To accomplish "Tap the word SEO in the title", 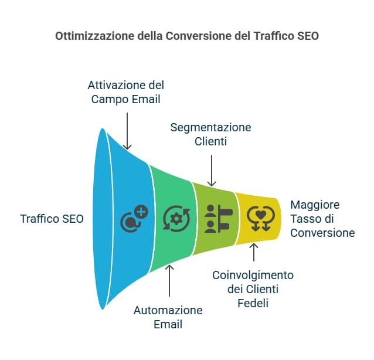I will pyautogui.click(x=307, y=36).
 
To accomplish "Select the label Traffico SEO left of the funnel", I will pyautogui.click(x=52, y=219).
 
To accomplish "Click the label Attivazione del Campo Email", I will pyautogui.click(x=127, y=91).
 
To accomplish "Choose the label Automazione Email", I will pyautogui.click(x=168, y=317).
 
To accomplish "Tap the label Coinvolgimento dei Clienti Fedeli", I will pyautogui.click(x=253, y=288).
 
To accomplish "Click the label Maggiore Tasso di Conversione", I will pyautogui.click(x=323, y=219).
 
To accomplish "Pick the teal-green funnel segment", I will pyautogui.click(x=173, y=218).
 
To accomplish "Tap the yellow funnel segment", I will pyautogui.click(x=258, y=218).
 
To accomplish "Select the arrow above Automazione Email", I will pyautogui.click(x=169, y=281).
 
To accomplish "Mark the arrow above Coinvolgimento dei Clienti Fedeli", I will pyautogui.click(x=254, y=252).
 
